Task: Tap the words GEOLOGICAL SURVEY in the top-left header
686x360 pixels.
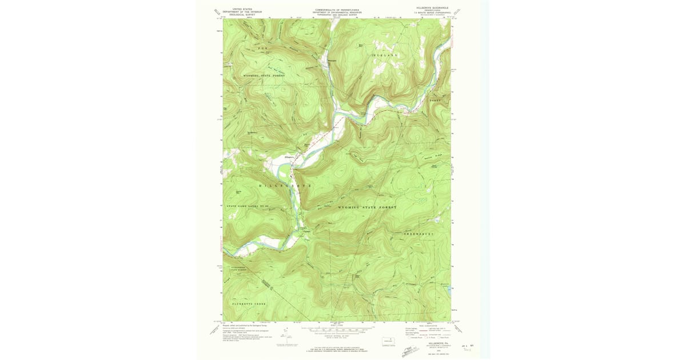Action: [x=241, y=14]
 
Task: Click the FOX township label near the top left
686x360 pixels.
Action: [x=262, y=49]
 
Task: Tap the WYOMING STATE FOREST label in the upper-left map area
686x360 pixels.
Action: [x=264, y=75]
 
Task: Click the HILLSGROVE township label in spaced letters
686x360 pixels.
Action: [x=286, y=186]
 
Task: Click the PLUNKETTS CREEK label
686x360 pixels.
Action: [x=249, y=303]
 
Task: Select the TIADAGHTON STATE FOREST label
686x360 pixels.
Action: [x=241, y=269]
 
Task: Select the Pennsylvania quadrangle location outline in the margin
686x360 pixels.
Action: [x=390, y=341]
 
